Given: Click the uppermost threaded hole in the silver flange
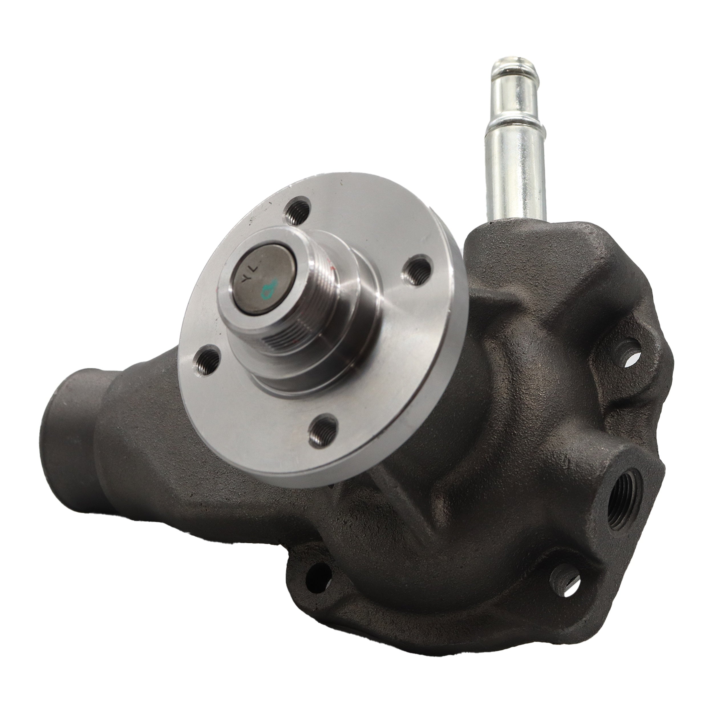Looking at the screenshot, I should click(296, 211).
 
